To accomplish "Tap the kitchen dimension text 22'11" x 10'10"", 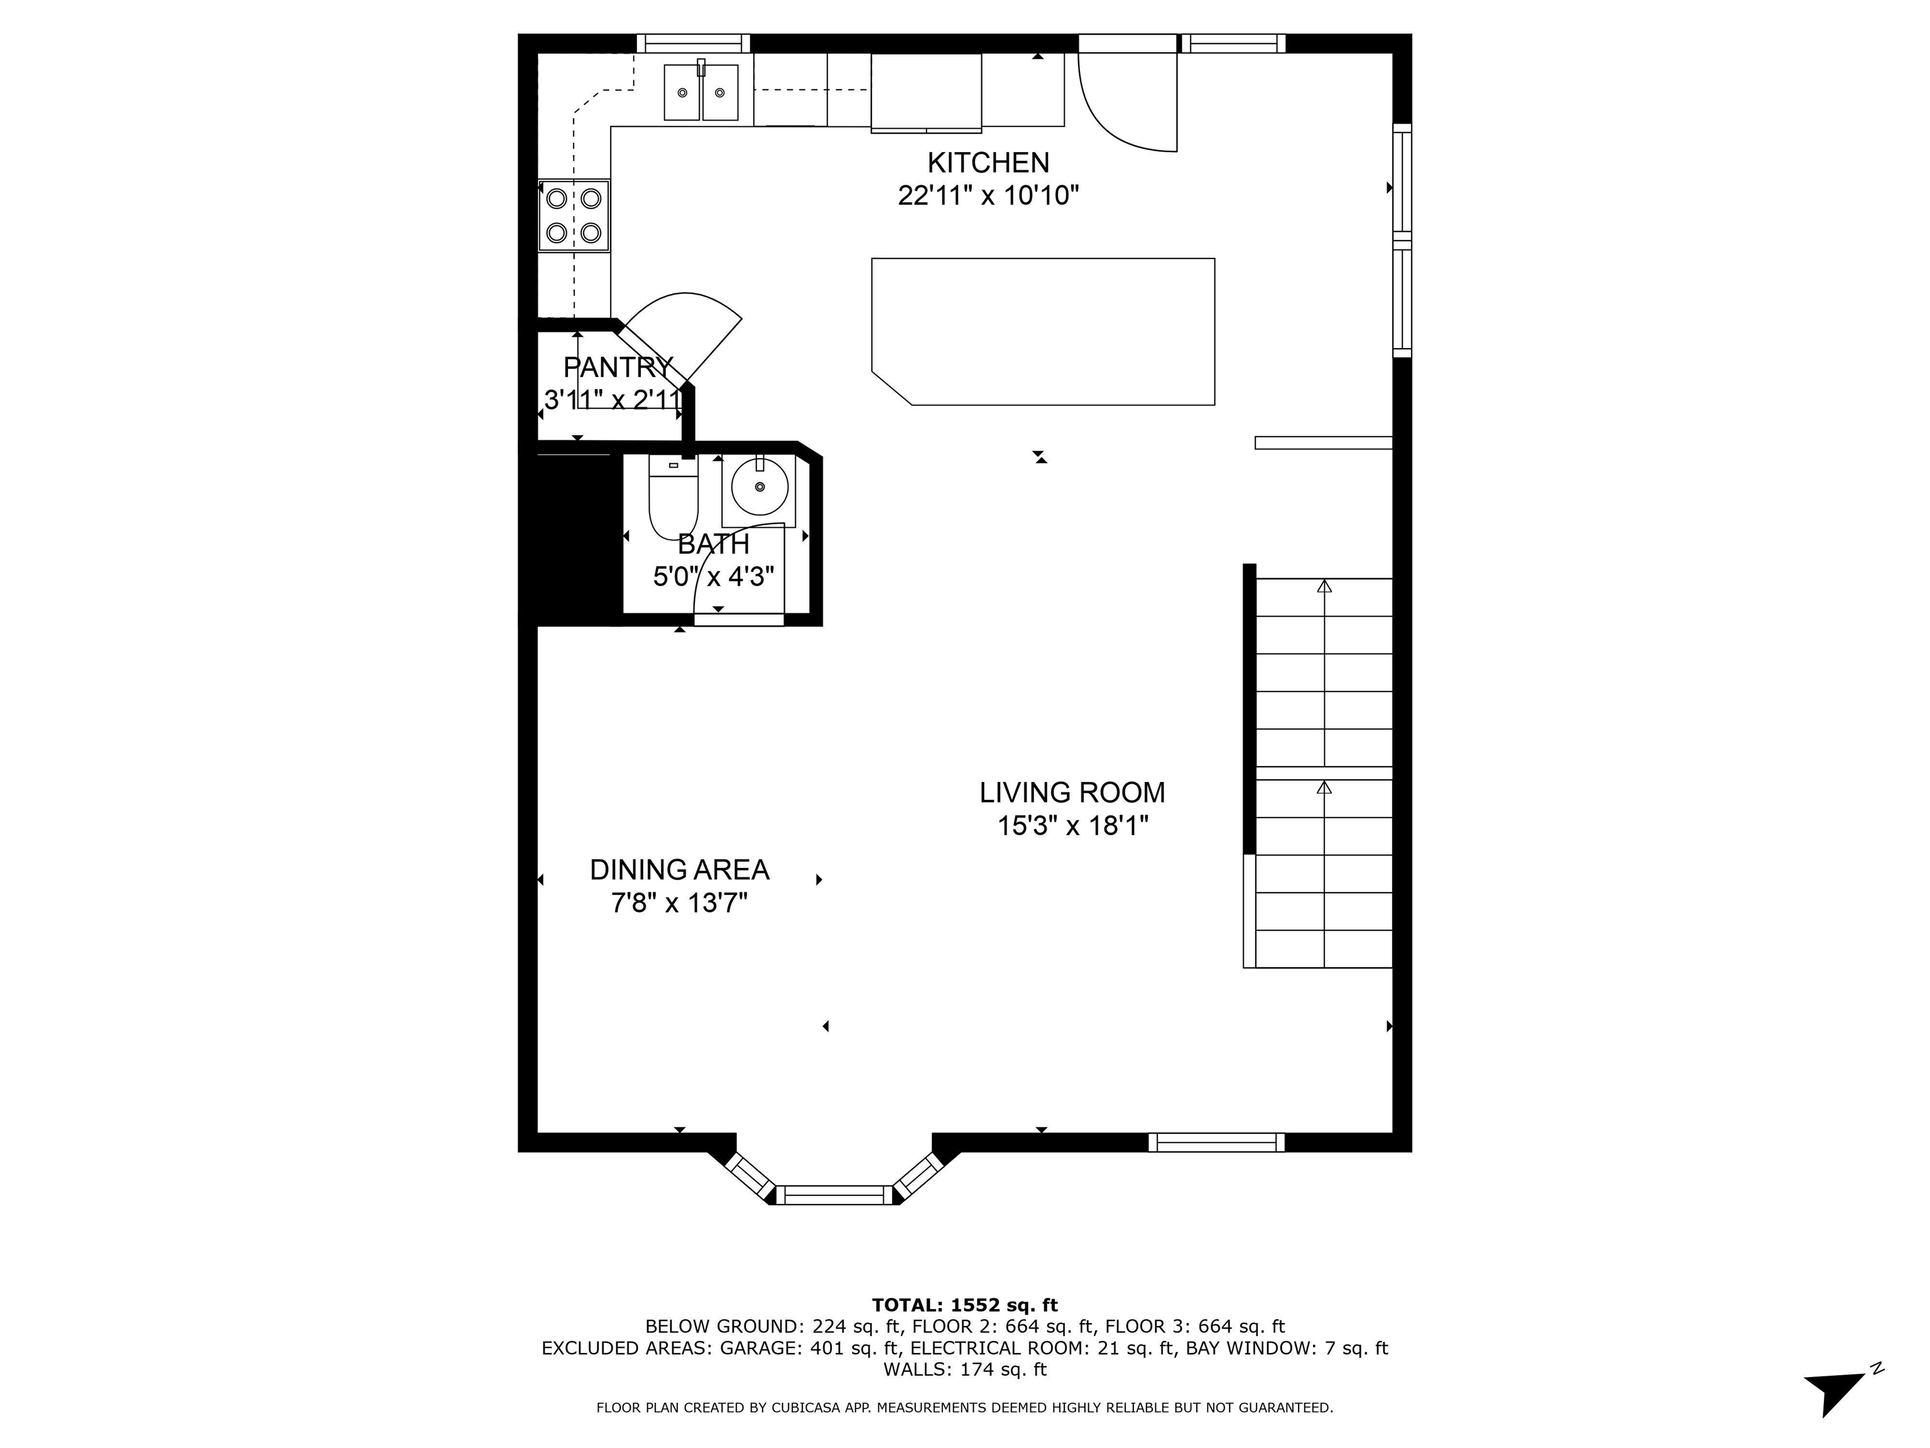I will coord(988,195).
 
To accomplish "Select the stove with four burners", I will coord(573,216).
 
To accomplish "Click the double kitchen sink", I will coord(701,92).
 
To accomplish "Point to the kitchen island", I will coord(1044,332).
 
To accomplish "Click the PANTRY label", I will coord(617,366).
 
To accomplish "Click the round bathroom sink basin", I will coord(759,487).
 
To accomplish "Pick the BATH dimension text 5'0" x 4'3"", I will coord(714,577).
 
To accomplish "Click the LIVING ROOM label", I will coord(1071,793).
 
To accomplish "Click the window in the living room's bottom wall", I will coord(1216,1142).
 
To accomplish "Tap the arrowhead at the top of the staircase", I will coord(1324,586).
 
